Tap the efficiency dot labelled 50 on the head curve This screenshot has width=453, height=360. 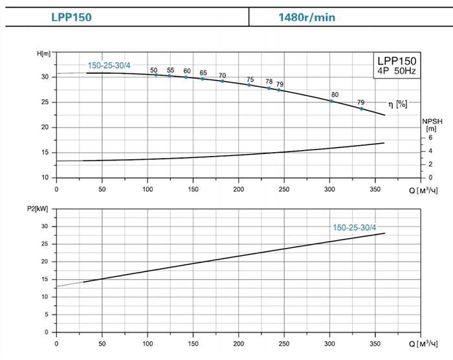(156, 75)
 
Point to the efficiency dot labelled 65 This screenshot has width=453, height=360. (203, 78)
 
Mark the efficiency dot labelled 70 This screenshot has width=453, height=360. (223, 81)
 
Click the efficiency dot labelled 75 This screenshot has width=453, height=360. (249, 85)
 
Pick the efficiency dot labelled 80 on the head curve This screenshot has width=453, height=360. (332, 101)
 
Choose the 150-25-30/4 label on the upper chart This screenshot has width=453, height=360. (109, 65)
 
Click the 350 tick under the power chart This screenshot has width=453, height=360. (375, 343)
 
